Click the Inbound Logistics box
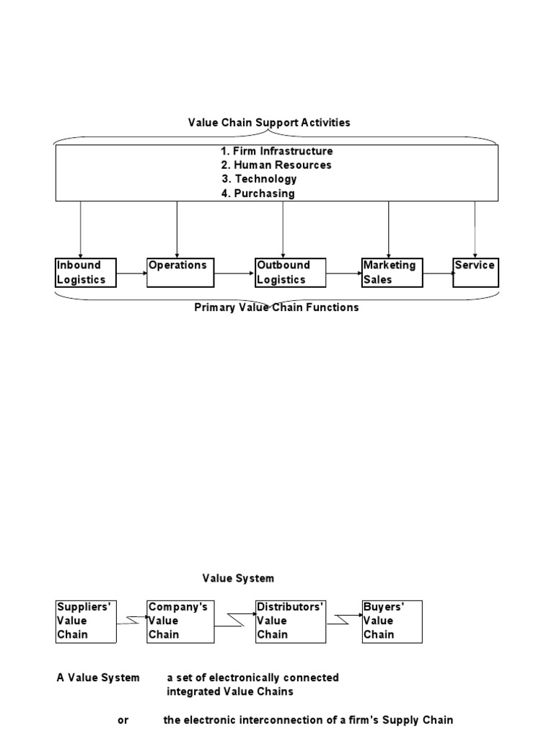coord(86,273)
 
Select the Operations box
coord(180,273)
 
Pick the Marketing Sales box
coord(392,273)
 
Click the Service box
coord(475,273)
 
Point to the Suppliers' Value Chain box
coord(86,621)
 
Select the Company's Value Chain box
coord(180,621)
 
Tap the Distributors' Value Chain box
coord(291,621)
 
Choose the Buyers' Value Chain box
coord(392,621)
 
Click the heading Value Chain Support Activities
coord(269,123)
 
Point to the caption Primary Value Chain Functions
coord(276,307)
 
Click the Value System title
coord(238,579)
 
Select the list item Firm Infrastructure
coord(277,152)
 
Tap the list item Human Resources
coord(277,165)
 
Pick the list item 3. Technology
coord(260,179)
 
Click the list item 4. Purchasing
coord(258,193)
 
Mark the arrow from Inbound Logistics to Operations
coord(131,274)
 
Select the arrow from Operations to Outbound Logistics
coord(234,274)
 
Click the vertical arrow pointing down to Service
coord(475,229)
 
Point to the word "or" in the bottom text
coord(123,720)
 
